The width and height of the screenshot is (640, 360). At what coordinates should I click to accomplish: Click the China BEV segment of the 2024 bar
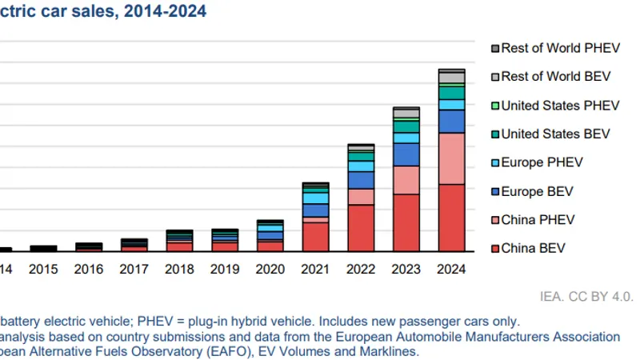click(451, 218)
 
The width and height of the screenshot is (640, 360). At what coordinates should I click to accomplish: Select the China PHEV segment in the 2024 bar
click(451, 158)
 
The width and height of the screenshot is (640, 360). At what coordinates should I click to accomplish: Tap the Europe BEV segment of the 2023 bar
click(406, 154)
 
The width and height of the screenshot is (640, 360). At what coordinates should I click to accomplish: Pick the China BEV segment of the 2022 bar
click(361, 228)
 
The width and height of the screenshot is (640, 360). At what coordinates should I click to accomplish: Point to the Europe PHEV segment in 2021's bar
click(315, 198)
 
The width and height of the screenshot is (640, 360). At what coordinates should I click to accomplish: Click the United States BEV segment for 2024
click(451, 93)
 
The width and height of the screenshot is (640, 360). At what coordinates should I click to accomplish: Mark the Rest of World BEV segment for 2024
click(451, 78)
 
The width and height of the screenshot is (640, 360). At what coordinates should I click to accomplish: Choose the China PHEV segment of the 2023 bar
click(406, 180)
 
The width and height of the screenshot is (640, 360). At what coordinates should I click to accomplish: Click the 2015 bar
click(44, 248)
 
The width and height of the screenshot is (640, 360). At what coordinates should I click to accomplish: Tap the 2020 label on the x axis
click(270, 270)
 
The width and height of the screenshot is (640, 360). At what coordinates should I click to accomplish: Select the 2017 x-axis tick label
click(134, 270)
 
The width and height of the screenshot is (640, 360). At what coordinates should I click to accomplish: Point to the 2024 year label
click(451, 270)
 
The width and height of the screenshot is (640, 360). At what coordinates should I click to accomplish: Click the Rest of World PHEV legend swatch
click(495, 49)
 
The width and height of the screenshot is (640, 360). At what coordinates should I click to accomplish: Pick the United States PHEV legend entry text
click(560, 106)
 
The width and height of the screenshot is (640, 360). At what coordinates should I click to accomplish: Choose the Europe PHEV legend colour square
click(495, 163)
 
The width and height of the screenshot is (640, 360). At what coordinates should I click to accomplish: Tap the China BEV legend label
click(533, 248)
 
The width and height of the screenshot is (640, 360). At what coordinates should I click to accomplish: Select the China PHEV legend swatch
click(495, 221)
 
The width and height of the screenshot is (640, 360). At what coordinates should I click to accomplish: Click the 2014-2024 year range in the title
click(166, 11)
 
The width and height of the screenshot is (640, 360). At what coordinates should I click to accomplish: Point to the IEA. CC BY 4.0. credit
click(586, 296)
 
